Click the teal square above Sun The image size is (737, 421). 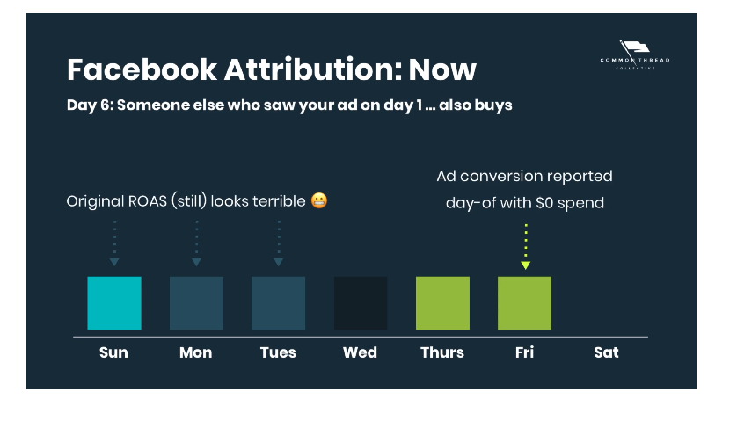point(114,303)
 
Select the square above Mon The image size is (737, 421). point(196,303)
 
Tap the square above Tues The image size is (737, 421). point(278,303)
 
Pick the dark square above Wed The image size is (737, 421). point(361,303)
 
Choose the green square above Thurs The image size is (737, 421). point(442,303)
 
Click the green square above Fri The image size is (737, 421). point(524,303)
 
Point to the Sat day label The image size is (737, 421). point(606,352)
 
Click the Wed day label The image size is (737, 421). point(360,352)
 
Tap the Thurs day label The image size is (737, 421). point(442,352)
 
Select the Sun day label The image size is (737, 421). point(113,352)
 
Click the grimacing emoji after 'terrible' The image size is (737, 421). point(319,201)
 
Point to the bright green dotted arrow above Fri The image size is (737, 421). point(525,246)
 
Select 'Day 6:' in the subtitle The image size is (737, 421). point(89,105)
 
